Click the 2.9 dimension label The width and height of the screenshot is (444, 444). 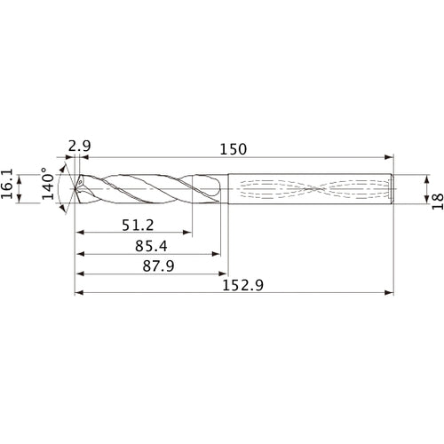pyautogui.click(x=78, y=144)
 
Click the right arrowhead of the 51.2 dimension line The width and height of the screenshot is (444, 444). pyautogui.click(x=190, y=233)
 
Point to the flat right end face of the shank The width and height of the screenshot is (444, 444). pyautogui.click(x=392, y=188)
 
